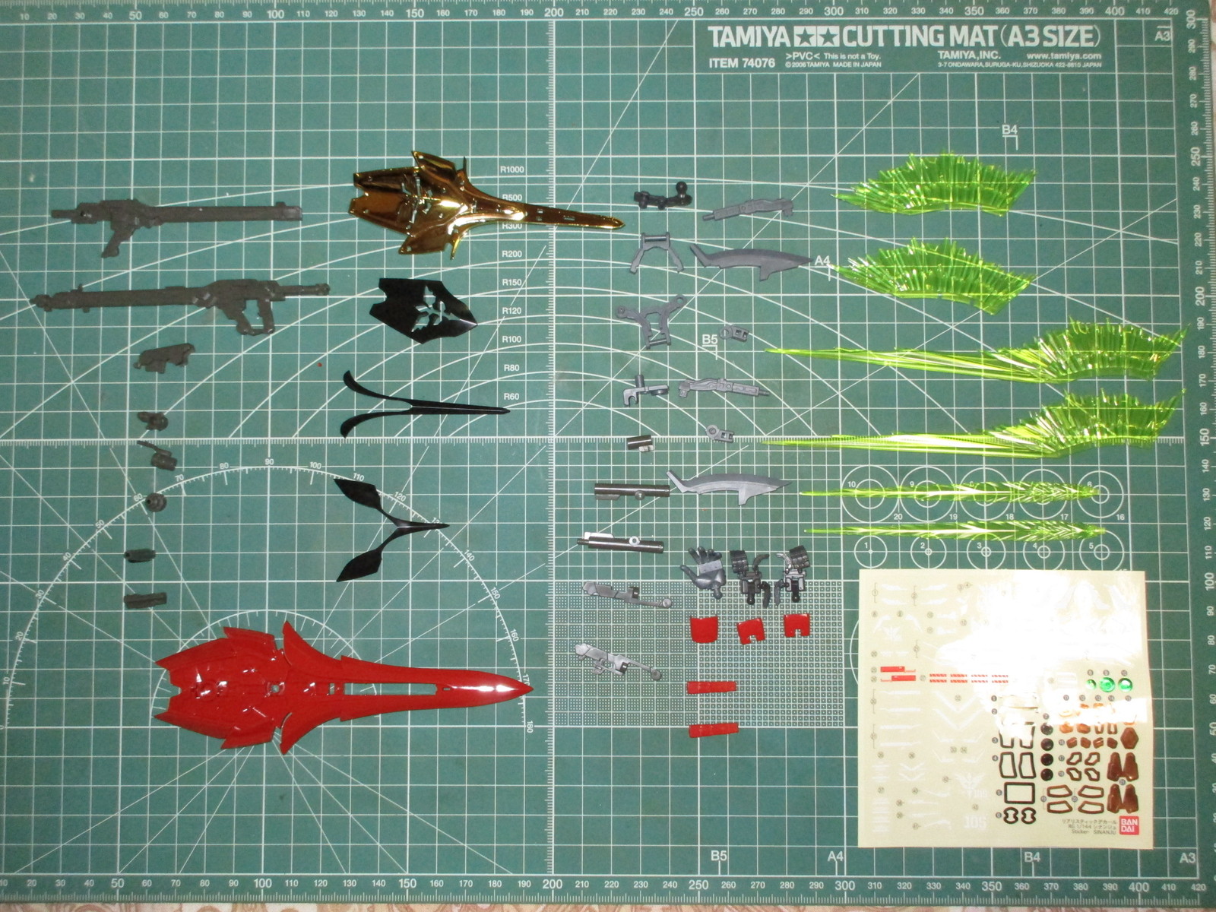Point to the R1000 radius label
pyautogui.click(x=512, y=169)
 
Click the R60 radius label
pyautogui.click(x=511, y=397)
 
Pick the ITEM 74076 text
pyautogui.click(x=741, y=63)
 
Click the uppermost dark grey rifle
pyautogui.click(x=175, y=217)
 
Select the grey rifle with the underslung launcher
pyautogui.click(x=182, y=300)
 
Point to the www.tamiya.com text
pyautogui.click(x=1062, y=55)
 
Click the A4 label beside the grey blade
pyautogui.click(x=822, y=261)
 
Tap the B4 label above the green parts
pyautogui.click(x=1009, y=130)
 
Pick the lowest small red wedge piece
pyautogui.click(x=712, y=730)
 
